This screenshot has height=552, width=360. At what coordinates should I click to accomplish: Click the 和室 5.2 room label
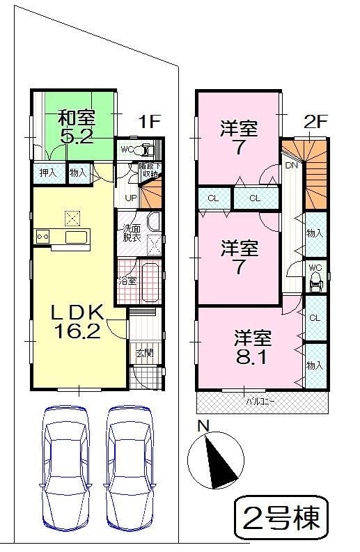[76, 126]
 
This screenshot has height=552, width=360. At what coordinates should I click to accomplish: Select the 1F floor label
[148, 122]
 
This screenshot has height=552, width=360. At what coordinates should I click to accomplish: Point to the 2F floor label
[315, 122]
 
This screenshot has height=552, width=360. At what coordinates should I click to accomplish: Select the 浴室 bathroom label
[126, 282]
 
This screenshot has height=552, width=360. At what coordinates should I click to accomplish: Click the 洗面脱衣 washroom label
[132, 232]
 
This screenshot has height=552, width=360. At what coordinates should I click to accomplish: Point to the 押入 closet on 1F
[47, 172]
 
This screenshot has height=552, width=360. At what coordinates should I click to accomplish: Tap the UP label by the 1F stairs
[130, 198]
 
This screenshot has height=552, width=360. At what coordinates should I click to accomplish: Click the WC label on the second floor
[315, 268]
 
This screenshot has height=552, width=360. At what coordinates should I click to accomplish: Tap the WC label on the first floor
[127, 149]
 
